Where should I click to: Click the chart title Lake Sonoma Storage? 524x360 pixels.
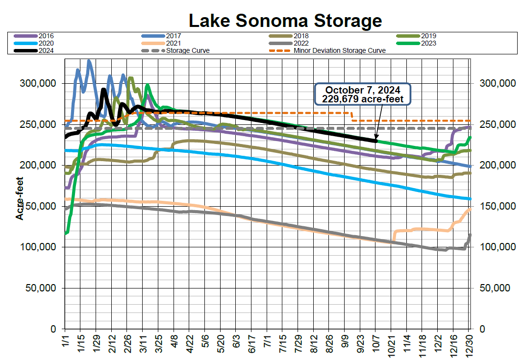coord(285,21)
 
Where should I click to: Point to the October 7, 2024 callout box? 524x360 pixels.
coord(362,94)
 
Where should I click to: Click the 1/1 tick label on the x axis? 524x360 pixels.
coord(66,340)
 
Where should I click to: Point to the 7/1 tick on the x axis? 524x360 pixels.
coord(268,340)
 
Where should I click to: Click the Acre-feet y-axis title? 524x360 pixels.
coord(20,198)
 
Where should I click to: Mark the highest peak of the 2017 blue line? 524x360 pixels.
coord(89,61)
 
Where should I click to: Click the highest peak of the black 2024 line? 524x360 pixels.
coord(103,90)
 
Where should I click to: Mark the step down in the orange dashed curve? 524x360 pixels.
coord(352,117)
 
